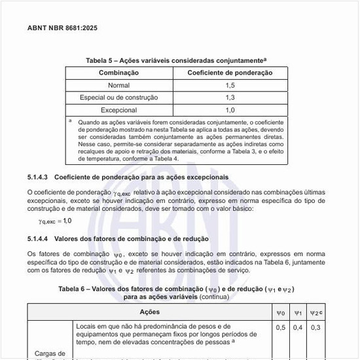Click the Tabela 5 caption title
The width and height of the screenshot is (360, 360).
(x=176, y=60)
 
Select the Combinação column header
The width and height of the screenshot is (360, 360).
(x=118, y=73)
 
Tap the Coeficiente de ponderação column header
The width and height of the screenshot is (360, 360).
(x=230, y=73)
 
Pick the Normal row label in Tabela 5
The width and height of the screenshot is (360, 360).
(x=118, y=85)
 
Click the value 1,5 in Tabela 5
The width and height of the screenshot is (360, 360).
(x=230, y=85)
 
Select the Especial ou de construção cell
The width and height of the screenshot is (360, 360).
(x=118, y=98)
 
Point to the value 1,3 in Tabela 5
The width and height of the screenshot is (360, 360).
(x=230, y=98)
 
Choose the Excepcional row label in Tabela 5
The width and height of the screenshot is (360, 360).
(x=118, y=110)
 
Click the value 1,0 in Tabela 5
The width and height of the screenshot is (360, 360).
(x=230, y=110)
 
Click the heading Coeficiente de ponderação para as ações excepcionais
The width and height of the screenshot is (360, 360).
(x=141, y=177)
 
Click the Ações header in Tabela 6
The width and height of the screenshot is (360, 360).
(x=150, y=312)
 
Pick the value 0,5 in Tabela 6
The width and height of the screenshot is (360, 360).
(x=281, y=327)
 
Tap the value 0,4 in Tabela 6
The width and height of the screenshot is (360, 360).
(x=298, y=327)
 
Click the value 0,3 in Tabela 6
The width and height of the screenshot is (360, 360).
(x=315, y=327)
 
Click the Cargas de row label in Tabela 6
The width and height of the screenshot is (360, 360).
(x=50, y=353)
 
